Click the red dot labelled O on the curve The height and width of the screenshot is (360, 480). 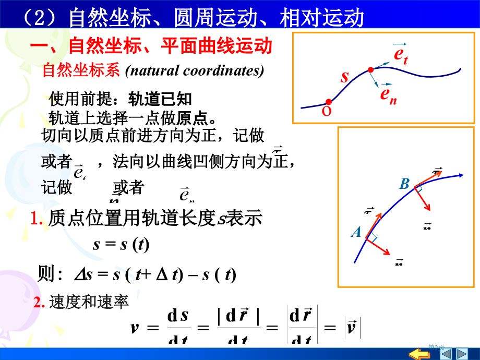[x=328, y=102]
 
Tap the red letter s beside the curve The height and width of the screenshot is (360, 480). [x=344, y=77]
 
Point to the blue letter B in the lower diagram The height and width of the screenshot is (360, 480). [x=404, y=184]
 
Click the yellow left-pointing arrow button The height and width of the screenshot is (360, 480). [x=418, y=354]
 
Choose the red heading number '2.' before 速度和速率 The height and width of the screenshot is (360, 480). [x=40, y=303]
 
